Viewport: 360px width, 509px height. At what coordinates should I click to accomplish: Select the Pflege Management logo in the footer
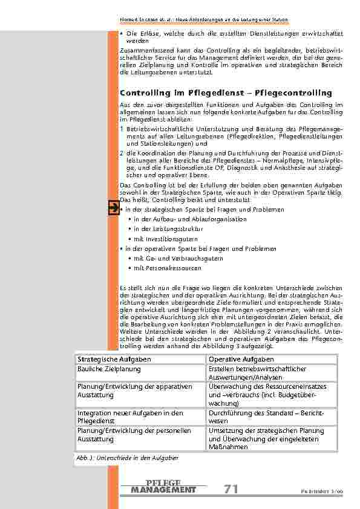(x=163, y=486)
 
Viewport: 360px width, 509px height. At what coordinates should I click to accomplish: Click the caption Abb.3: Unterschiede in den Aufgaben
(x=127, y=458)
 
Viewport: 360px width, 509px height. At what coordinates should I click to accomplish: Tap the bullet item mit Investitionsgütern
(x=158, y=239)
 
